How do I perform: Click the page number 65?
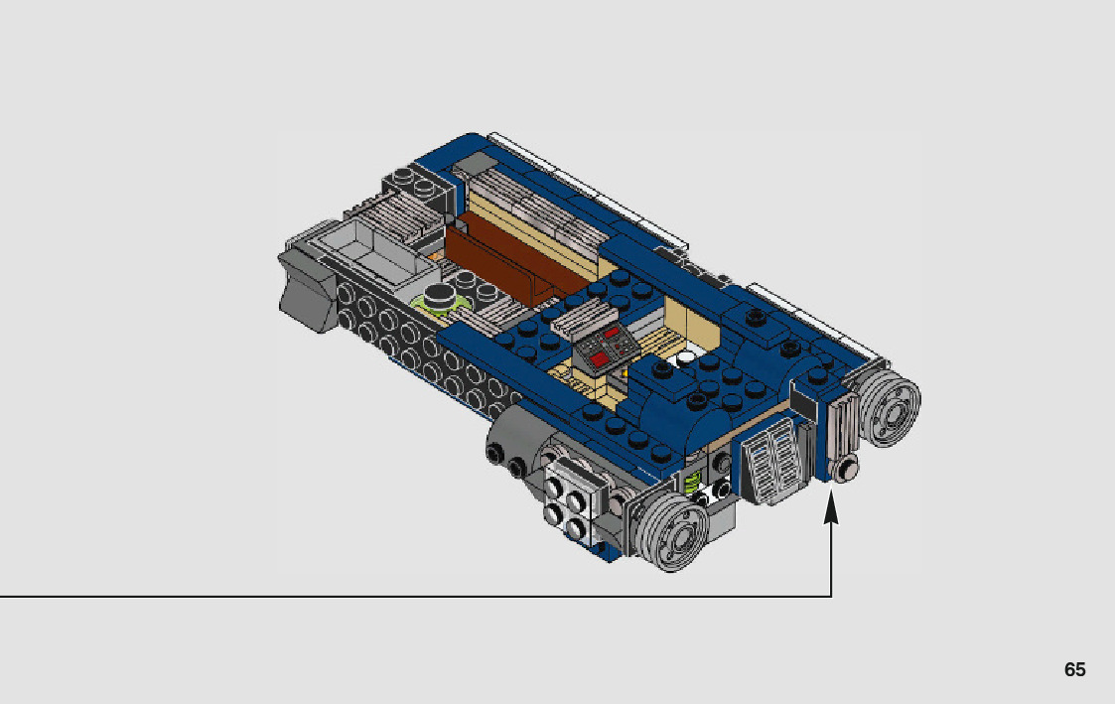[x=1074, y=669]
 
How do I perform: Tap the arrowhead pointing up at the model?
[x=831, y=509]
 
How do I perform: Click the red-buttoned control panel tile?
[x=607, y=347]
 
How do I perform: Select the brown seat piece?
[x=501, y=259]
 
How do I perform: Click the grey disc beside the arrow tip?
[x=889, y=409]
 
